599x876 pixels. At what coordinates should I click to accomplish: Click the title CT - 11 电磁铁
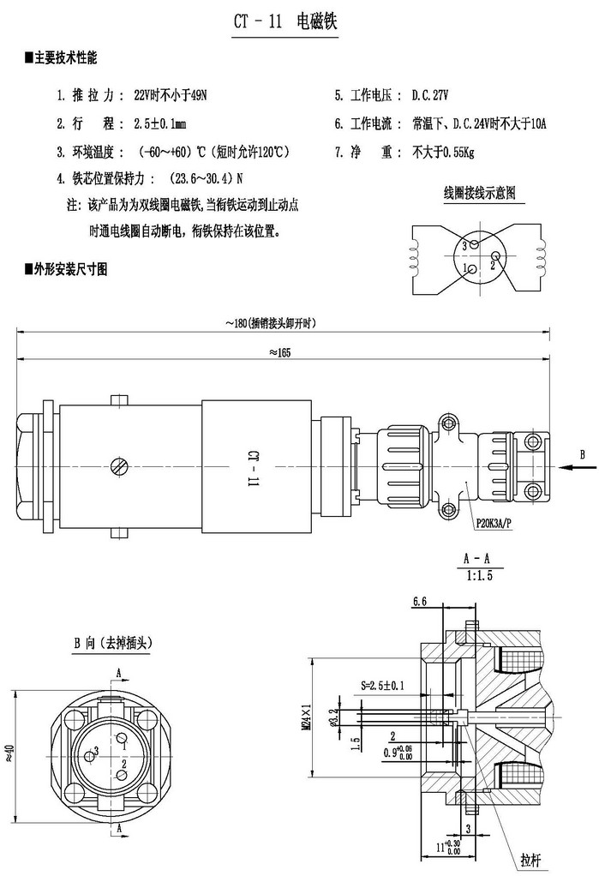(285, 21)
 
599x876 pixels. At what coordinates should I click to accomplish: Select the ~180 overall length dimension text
(271, 323)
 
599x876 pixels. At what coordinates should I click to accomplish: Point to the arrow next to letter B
(566, 467)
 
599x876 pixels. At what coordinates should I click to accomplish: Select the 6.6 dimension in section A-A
(419, 603)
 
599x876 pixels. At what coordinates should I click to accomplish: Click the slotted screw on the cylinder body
(121, 466)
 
